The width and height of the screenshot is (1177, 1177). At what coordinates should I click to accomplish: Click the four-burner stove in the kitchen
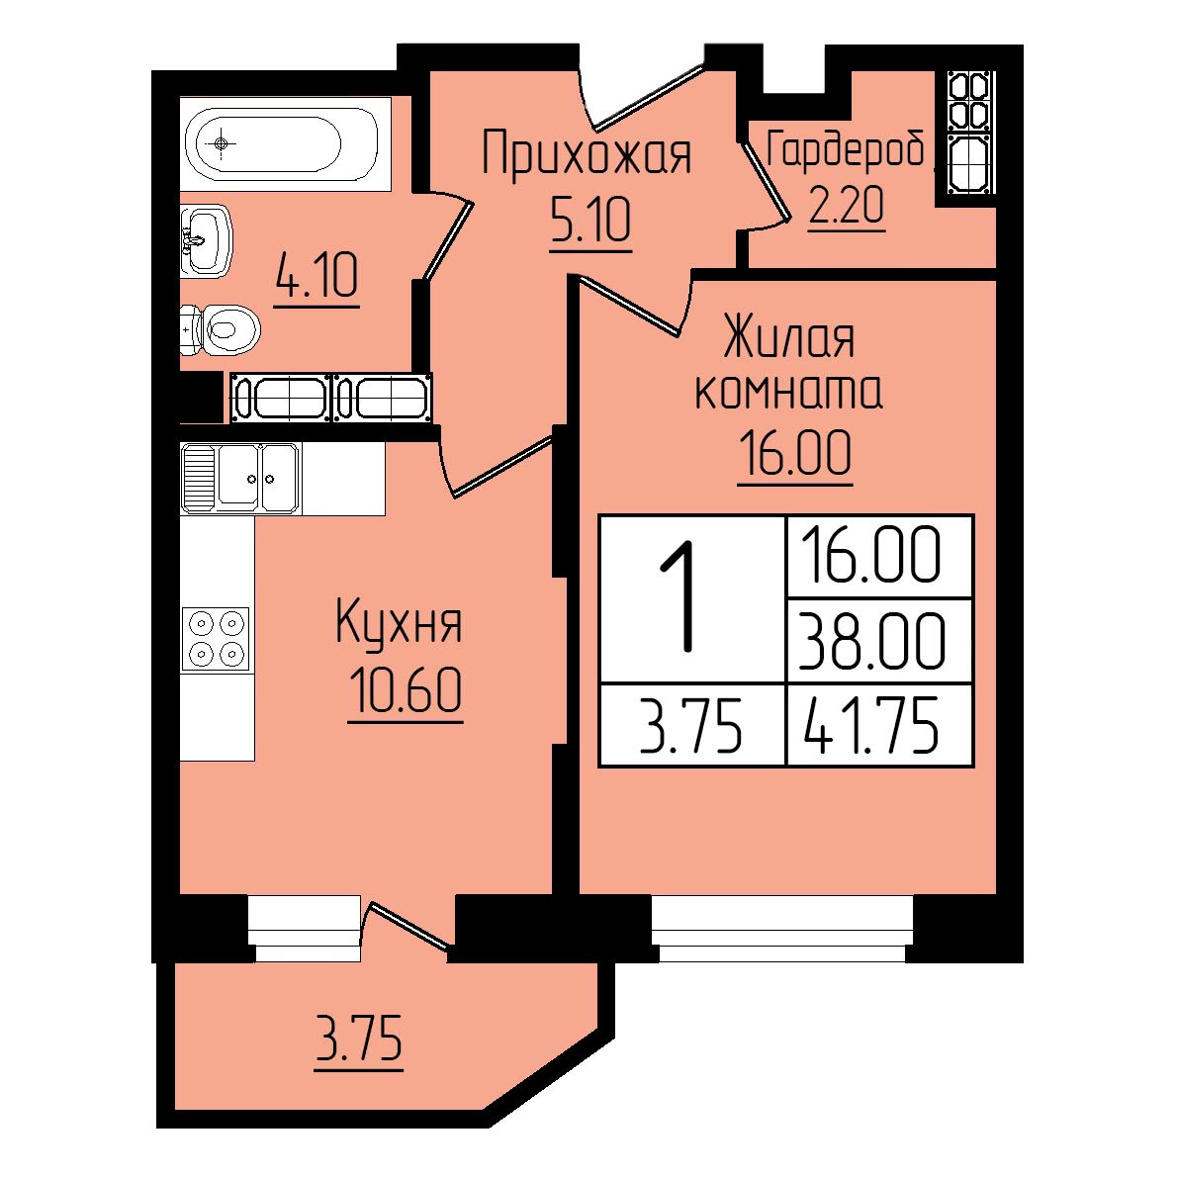pos(216,638)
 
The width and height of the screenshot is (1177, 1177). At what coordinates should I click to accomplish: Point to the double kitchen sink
pos(240,478)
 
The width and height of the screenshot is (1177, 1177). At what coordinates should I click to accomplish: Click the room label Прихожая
pos(587,154)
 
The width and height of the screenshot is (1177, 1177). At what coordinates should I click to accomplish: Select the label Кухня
pos(399,621)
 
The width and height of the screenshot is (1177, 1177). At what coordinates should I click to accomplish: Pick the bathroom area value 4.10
pos(317,276)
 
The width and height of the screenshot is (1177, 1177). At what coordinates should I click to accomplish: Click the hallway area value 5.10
pos(590,220)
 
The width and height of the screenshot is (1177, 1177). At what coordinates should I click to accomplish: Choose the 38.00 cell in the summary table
pos(871,640)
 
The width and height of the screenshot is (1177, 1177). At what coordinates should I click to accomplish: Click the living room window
pos(781,930)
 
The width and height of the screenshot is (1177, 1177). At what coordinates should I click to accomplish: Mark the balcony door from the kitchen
pos(411,927)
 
